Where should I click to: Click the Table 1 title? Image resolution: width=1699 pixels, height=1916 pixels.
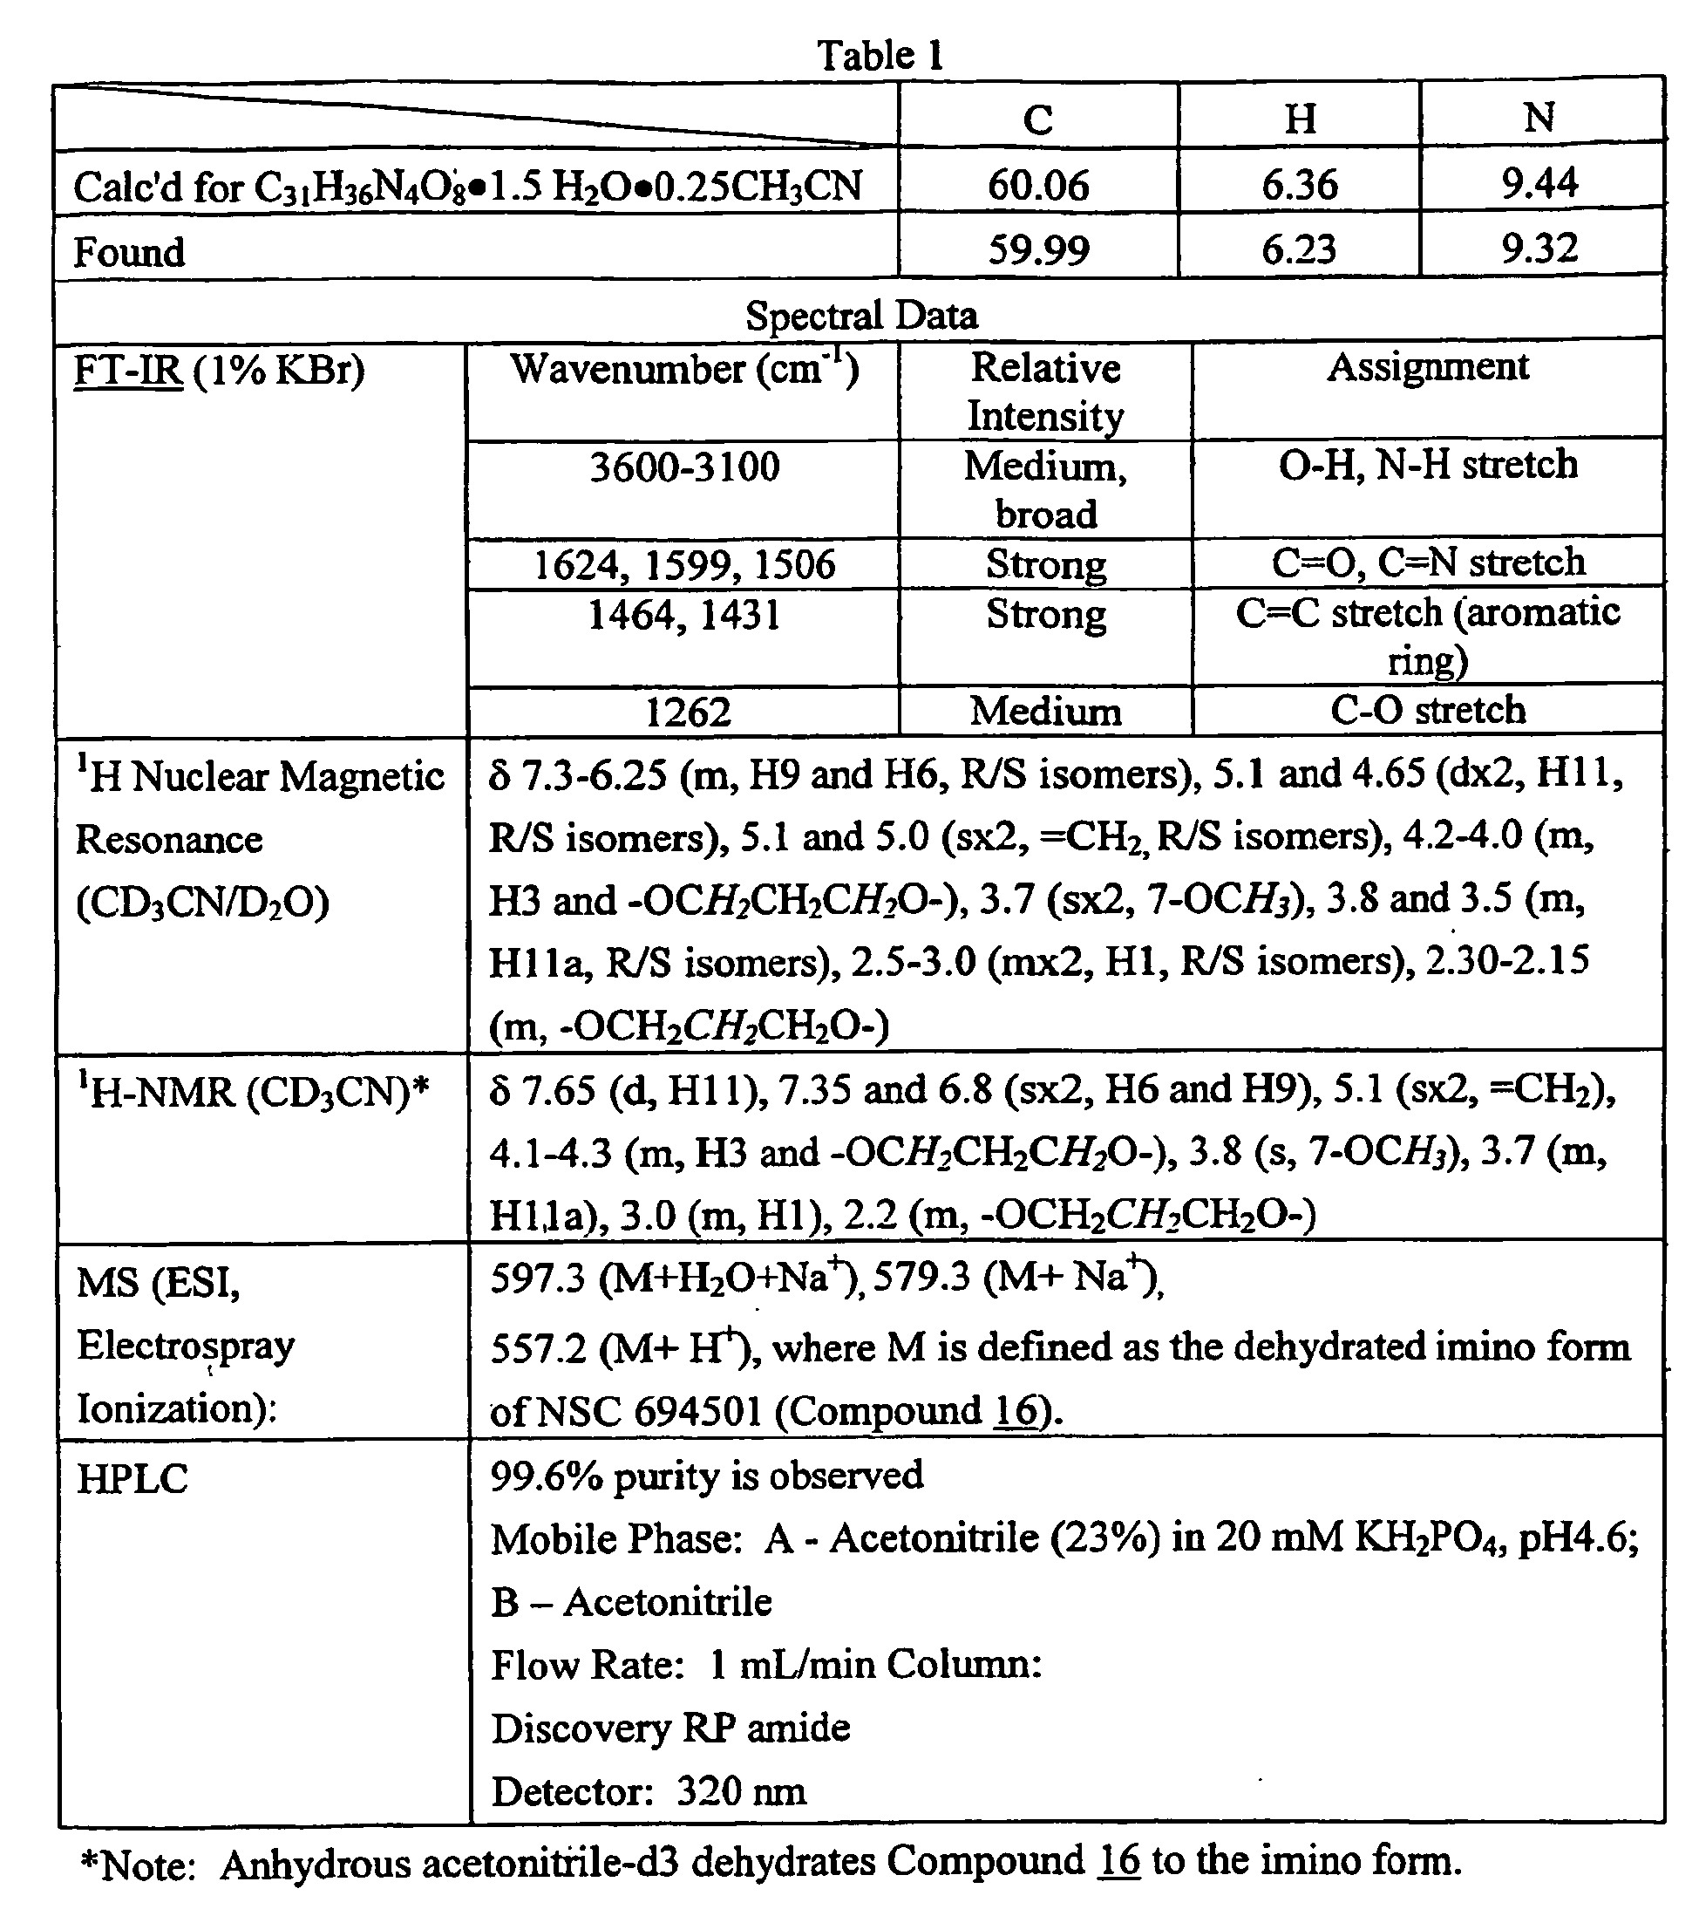click(879, 55)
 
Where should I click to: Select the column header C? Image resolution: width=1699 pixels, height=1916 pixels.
click(1037, 119)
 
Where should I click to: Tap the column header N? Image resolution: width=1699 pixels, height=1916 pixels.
click(1539, 117)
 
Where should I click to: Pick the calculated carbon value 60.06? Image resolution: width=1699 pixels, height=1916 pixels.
click(1038, 185)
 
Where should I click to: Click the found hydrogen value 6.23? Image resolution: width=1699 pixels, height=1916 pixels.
click(1298, 249)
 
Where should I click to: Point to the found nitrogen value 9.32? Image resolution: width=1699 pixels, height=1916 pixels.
click(1539, 248)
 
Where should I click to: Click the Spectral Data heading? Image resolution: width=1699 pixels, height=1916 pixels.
click(860, 315)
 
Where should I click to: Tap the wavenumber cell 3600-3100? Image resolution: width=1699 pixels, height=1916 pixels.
click(684, 466)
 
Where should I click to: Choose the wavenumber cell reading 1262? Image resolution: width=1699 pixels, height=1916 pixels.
click(687, 713)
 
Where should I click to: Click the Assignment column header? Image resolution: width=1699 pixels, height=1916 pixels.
click(1427, 366)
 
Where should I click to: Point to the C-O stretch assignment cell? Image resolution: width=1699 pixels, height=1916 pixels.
click(1427, 710)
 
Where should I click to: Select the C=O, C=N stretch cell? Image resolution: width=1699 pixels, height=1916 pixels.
click(1427, 563)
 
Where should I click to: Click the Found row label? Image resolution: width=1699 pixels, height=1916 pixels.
click(129, 252)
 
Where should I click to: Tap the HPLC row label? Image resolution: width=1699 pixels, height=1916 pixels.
click(133, 1479)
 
